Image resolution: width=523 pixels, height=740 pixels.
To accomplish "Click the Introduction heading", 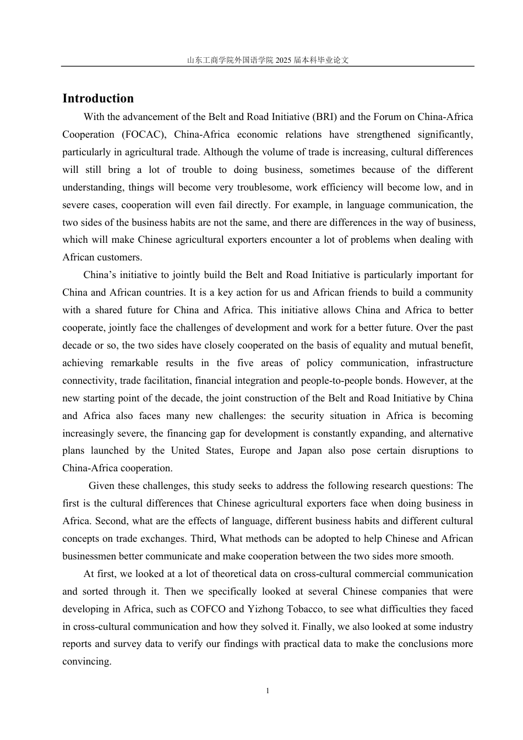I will point(98,99).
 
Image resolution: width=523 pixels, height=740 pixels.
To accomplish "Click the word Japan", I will point(309,450).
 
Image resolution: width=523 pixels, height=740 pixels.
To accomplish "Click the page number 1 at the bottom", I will point(268,691).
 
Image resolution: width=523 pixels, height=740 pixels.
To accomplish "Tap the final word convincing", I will point(86,661).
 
